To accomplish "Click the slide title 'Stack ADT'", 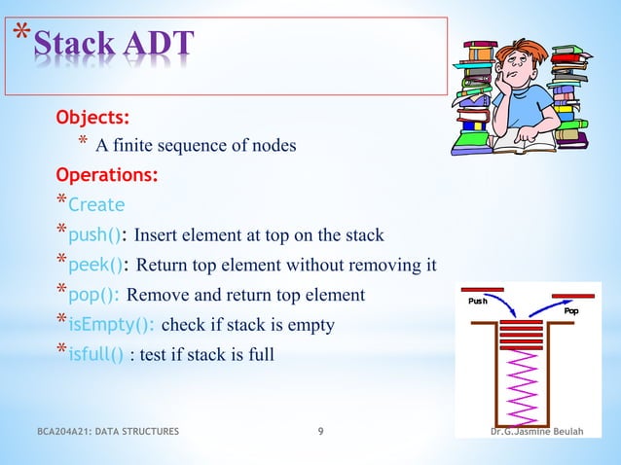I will click(122, 46).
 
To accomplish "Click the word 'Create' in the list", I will click(96, 205).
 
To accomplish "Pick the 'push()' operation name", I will click(95, 235).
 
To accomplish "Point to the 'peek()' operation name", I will click(95, 266).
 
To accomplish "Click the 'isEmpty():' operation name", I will click(111, 325).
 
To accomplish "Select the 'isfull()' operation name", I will click(95, 355).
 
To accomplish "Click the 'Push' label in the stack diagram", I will click(478, 302).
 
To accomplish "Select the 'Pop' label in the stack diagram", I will click(571, 311).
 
